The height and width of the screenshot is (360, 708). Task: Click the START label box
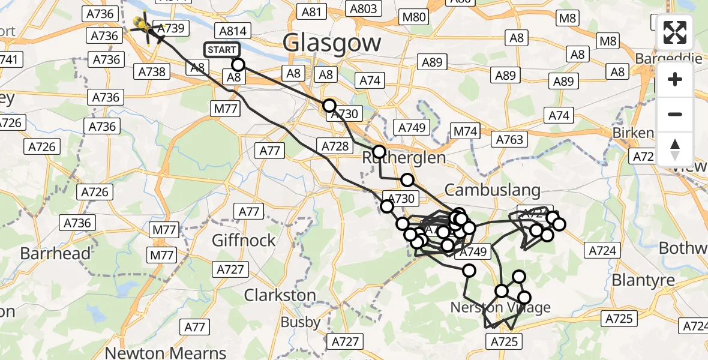coord(222,50)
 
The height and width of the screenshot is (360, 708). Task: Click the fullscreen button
coord(675,32)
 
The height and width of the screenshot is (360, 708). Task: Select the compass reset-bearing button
coord(675,149)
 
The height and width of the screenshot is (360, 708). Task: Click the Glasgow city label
coord(331,43)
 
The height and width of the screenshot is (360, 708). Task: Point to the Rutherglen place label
coord(404,158)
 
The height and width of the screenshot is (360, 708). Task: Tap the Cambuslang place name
coord(492,190)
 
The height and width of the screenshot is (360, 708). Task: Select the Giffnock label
coord(244,241)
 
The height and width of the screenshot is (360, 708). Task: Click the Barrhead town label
coord(55,253)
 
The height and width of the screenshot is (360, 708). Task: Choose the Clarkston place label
coord(280,295)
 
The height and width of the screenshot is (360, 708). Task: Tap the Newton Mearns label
coord(166,352)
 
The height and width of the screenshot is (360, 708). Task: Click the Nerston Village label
coord(500,308)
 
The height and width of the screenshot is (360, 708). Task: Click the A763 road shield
coord(509,140)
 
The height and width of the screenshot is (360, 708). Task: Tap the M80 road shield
coord(415,17)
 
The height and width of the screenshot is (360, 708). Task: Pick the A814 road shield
coord(232,31)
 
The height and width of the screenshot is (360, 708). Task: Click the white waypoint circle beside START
coord(238,65)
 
